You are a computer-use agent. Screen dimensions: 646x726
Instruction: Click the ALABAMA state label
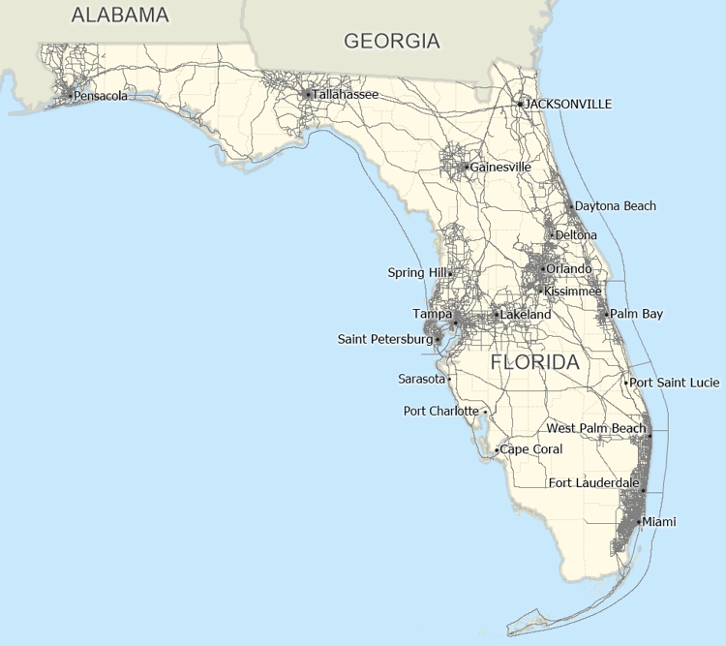(120, 15)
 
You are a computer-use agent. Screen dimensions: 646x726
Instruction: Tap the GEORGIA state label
(392, 41)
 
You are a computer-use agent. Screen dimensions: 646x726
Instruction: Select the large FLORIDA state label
(535, 363)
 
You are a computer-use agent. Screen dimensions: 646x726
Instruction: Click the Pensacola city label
(101, 95)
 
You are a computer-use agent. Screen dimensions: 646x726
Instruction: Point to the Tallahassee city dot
(308, 95)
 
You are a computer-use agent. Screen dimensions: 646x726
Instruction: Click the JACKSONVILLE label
(568, 104)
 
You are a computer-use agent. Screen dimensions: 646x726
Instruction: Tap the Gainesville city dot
(467, 167)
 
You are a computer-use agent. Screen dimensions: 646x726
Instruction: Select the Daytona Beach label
(616, 206)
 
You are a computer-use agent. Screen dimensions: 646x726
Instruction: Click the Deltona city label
(576, 235)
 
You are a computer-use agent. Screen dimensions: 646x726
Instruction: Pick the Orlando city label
(569, 268)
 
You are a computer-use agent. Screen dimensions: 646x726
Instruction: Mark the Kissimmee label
(573, 292)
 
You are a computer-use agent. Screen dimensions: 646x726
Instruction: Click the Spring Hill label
(416, 273)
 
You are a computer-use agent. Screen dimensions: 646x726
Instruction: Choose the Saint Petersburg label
(384, 339)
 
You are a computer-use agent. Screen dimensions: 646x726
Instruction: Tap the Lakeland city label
(526, 315)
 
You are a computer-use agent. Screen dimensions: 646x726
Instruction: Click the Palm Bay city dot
(606, 314)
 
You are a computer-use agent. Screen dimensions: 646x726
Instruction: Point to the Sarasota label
(421, 379)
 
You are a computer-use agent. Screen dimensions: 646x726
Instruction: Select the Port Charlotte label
(440, 412)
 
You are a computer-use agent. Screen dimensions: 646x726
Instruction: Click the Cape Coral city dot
(497, 450)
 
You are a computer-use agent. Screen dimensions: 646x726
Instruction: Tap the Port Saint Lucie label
(675, 383)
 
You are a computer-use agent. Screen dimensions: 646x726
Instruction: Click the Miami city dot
(638, 522)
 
